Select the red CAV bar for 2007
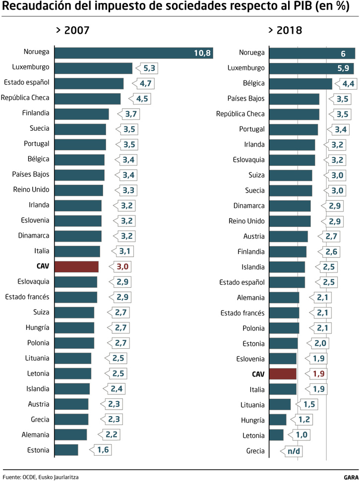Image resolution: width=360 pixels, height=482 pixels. click(x=76, y=267)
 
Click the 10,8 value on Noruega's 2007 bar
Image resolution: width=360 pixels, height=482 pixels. click(x=202, y=53)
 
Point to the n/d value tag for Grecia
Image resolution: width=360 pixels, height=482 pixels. click(x=293, y=451)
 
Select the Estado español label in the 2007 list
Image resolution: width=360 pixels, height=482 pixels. click(x=27, y=82)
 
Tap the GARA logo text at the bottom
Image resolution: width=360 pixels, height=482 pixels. click(x=351, y=477)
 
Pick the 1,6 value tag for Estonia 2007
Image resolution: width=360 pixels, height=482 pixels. click(x=102, y=450)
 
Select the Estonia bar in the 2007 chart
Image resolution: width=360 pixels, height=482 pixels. click(x=66, y=450)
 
